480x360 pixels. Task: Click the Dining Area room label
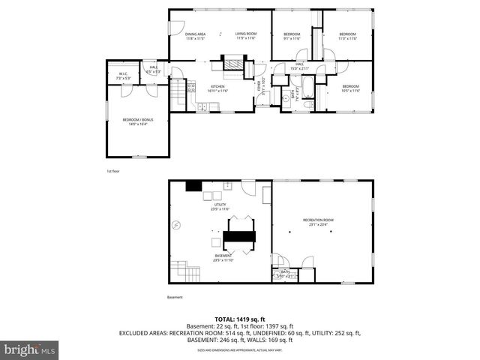(x=195, y=36)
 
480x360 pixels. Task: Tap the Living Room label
(x=246, y=36)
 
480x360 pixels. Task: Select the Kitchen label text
(x=218, y=88)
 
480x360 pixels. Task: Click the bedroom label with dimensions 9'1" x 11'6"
(x=292, y=36)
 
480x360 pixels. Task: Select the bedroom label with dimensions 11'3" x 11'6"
(x=346, y=36)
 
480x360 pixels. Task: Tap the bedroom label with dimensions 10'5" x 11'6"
(x=351, y=88)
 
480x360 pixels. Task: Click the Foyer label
(x=261, y=87)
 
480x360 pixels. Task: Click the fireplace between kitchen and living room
(x=235, y=64)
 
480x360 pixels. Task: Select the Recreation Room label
(x=317, y=222)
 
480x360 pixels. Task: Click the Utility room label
(x=220, y=206)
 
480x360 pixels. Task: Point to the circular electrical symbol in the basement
(x=176, y=225)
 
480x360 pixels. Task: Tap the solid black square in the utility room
(x=193, y=187)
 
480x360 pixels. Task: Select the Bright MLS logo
(x=30, y=349)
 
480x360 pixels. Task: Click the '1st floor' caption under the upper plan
(x=113, y=172)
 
